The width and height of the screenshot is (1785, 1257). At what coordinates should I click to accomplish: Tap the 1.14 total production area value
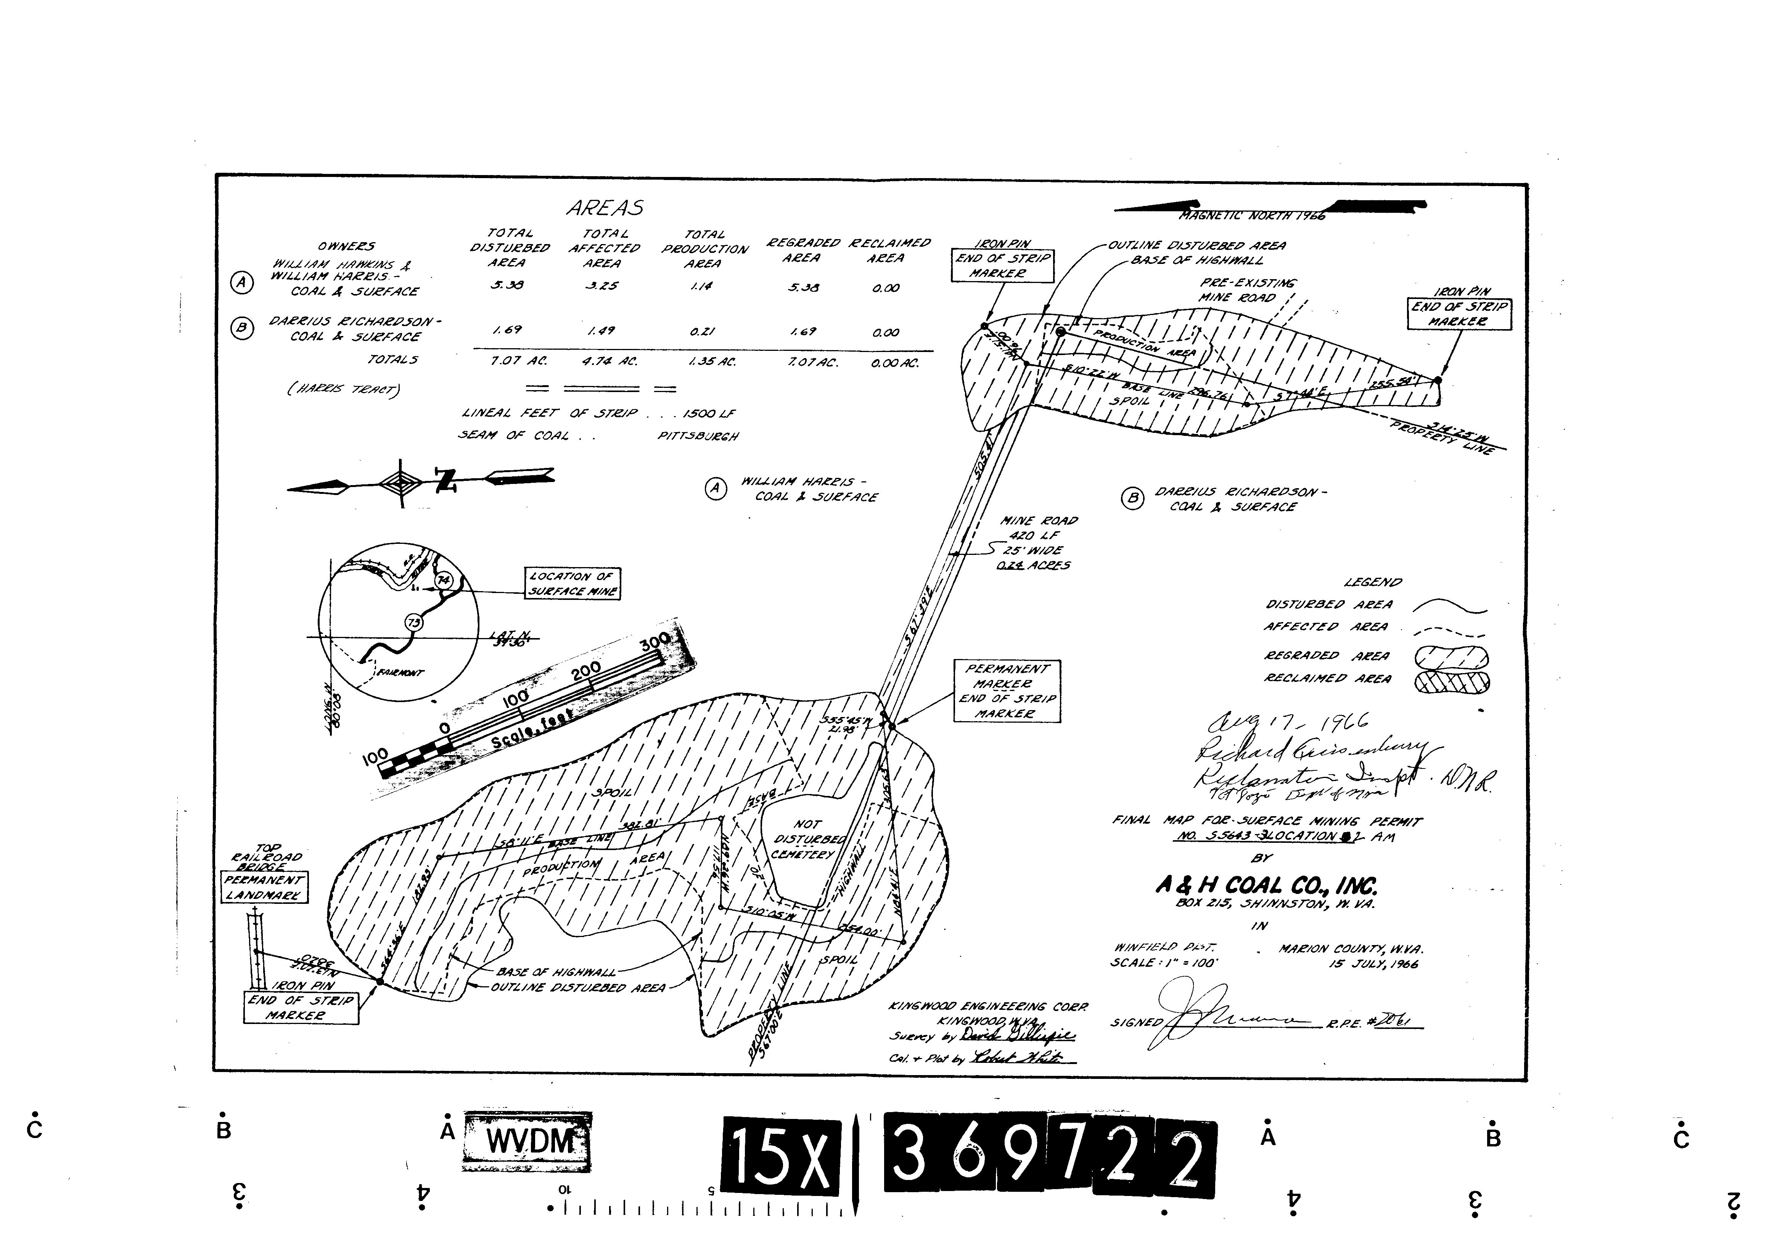pos(701,286)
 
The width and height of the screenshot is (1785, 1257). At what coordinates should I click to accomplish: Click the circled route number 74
pos(443,580)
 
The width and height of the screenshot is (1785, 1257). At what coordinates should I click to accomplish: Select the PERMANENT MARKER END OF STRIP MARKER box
pos(1007,691)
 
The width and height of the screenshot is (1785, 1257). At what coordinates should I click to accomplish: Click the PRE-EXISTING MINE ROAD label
pos(1247,290)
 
